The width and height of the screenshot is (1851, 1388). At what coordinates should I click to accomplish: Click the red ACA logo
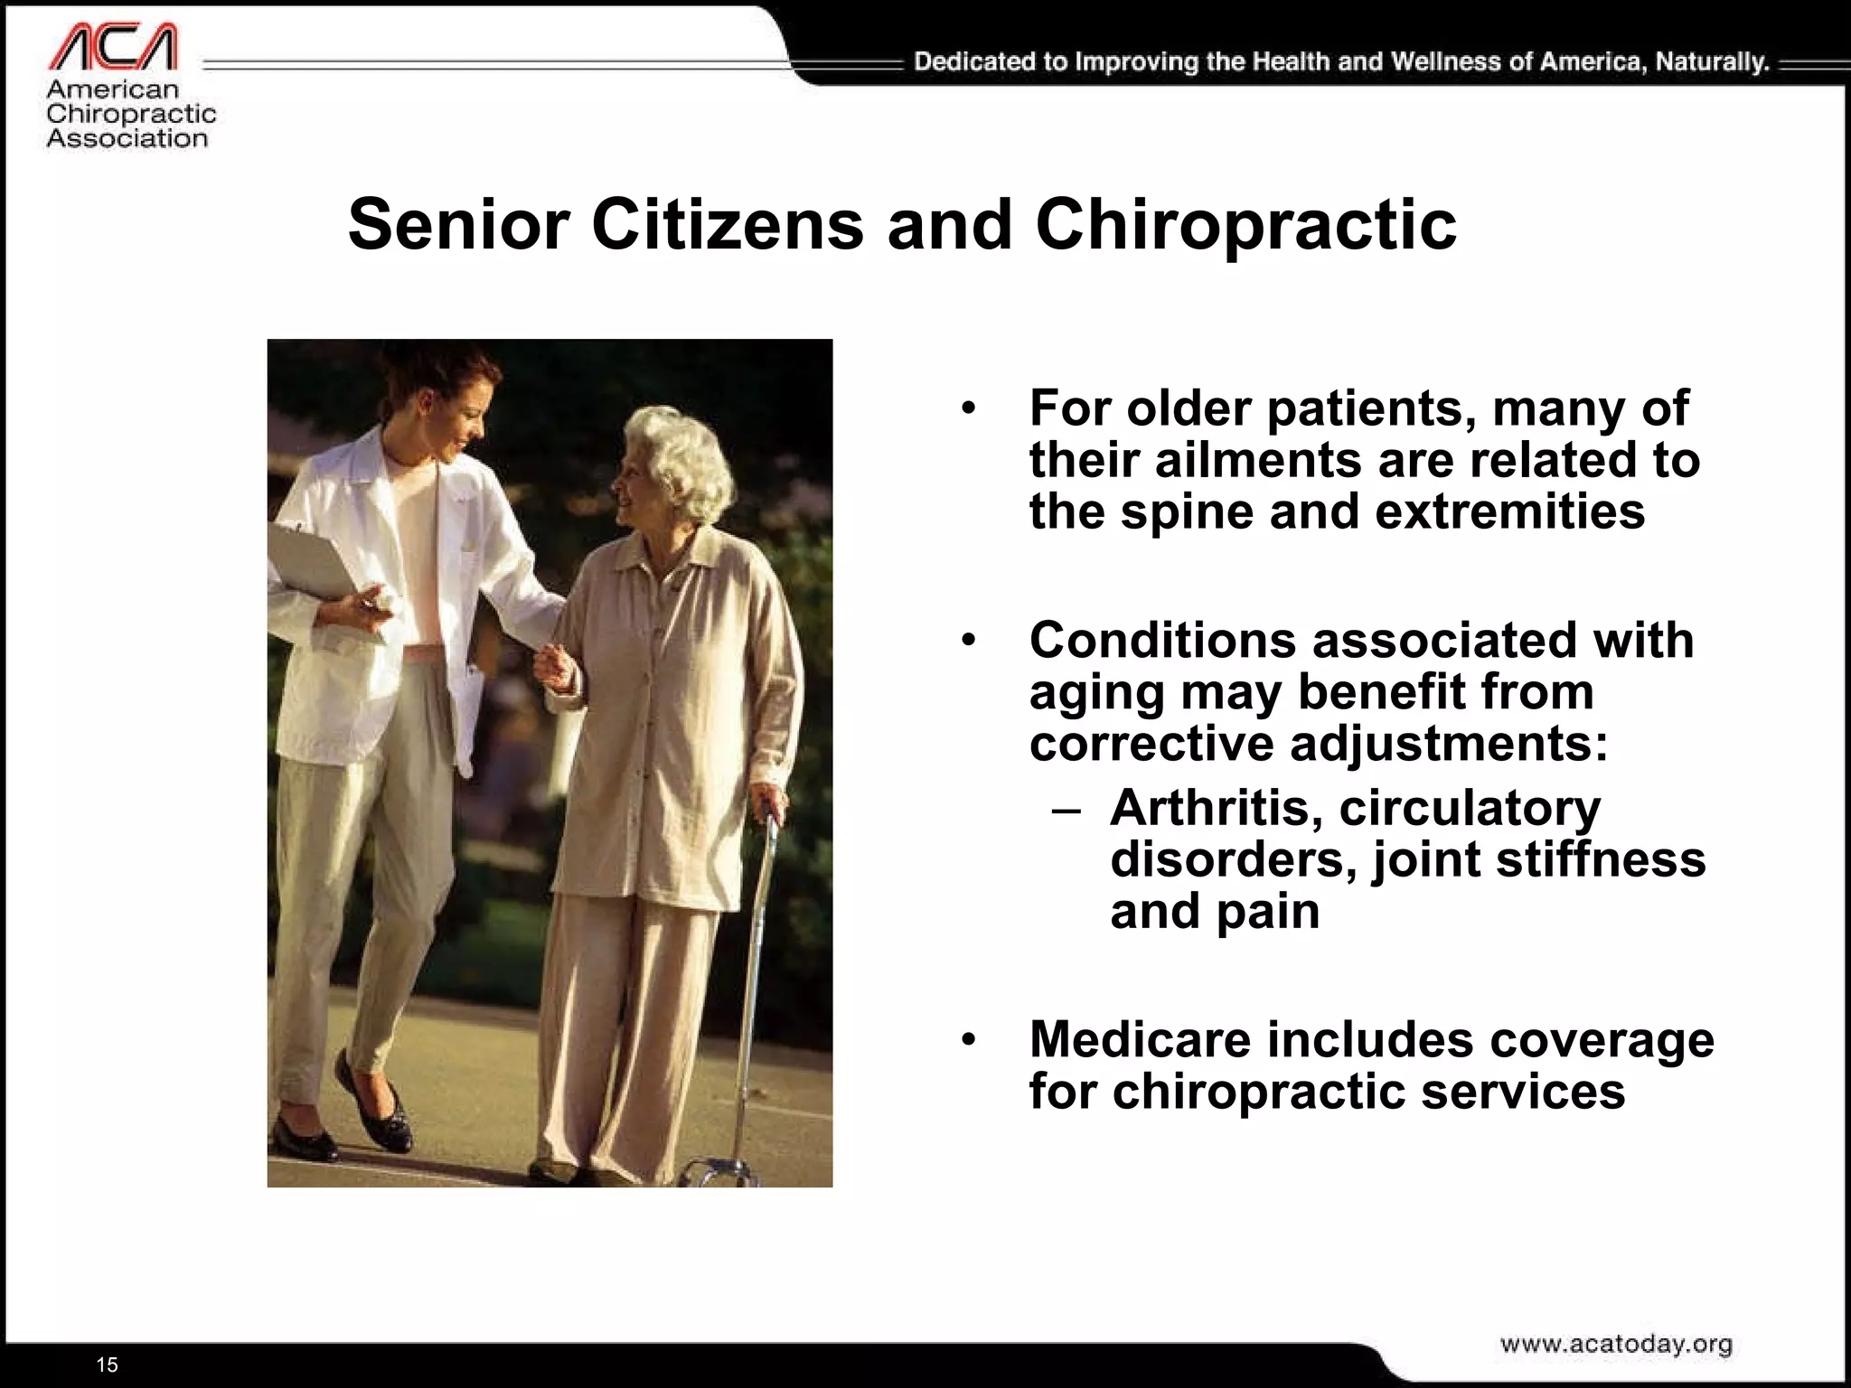[114, 47]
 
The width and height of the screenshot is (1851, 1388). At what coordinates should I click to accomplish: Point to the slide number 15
[107, 1365]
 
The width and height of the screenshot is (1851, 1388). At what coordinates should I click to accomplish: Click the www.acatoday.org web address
[1616, 1344]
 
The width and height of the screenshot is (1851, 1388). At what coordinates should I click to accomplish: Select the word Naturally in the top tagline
[1711, 62]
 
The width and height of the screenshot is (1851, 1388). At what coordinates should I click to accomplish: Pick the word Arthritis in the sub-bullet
[1216, 807]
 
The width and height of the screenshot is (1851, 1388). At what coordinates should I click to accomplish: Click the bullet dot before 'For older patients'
[968, 409]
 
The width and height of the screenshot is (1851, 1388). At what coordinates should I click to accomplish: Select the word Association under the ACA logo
[127, 138]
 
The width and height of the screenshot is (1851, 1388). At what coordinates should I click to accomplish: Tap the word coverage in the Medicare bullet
[1601, 1039]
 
